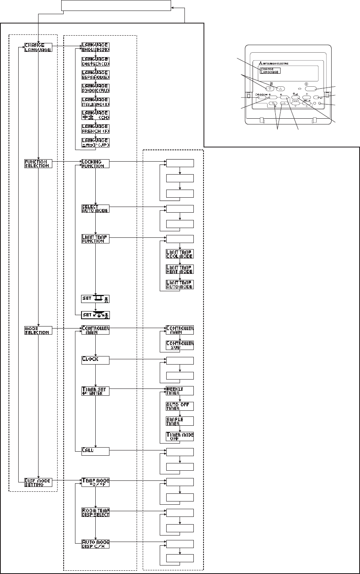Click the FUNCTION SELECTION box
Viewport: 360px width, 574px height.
point(38,164)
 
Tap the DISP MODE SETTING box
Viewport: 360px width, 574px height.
point(38,481)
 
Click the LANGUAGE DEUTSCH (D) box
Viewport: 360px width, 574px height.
point(95,62)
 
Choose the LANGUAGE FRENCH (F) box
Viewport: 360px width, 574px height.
point(95,129)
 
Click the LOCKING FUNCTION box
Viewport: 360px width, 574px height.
point(95,164)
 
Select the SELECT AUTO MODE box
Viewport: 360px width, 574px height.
point(95,209)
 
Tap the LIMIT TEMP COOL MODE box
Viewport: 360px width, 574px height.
point(180,254)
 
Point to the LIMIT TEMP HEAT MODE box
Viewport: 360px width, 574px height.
point(180,269)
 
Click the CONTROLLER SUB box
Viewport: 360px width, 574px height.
point(180,345)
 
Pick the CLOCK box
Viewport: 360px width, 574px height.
point(95,359)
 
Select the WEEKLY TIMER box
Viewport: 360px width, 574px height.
point(180,390)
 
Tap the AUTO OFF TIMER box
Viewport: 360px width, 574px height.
point(180,406)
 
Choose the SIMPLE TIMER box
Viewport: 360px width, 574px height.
point(180,421)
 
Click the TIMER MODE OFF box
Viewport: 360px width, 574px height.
point(180,436)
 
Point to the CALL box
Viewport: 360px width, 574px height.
point(95,452)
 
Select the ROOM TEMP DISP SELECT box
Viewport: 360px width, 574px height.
point(95,512)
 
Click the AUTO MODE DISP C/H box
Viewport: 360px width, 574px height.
point(95,543)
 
